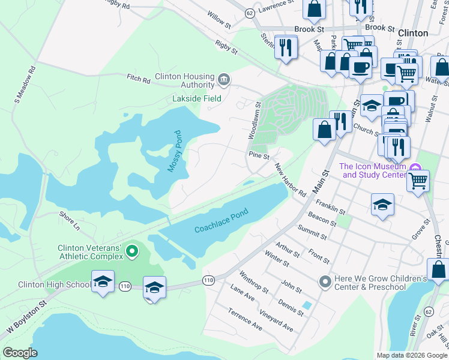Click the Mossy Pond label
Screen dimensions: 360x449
click(175, 152)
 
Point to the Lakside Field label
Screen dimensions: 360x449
click(197, 98)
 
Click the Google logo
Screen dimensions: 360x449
click(20, 352)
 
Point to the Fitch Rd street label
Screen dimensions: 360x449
click(137, 77)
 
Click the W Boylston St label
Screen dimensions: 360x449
click(26, 320)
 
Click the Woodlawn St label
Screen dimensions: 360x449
click(254, 121)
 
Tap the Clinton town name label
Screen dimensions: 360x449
click(413, 33)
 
